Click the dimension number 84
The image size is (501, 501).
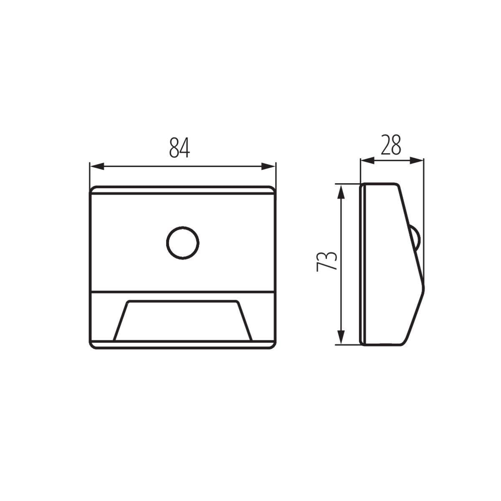point(180,148)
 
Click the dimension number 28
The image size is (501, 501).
point(391,145)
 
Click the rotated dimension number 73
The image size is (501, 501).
point(326,262)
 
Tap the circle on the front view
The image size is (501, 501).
point(182,243)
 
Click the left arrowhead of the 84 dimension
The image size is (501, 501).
point(97,167)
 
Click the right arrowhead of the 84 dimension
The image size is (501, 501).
point(268,167)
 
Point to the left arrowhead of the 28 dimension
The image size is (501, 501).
point(367,161)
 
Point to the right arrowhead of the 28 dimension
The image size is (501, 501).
point(417,161)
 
